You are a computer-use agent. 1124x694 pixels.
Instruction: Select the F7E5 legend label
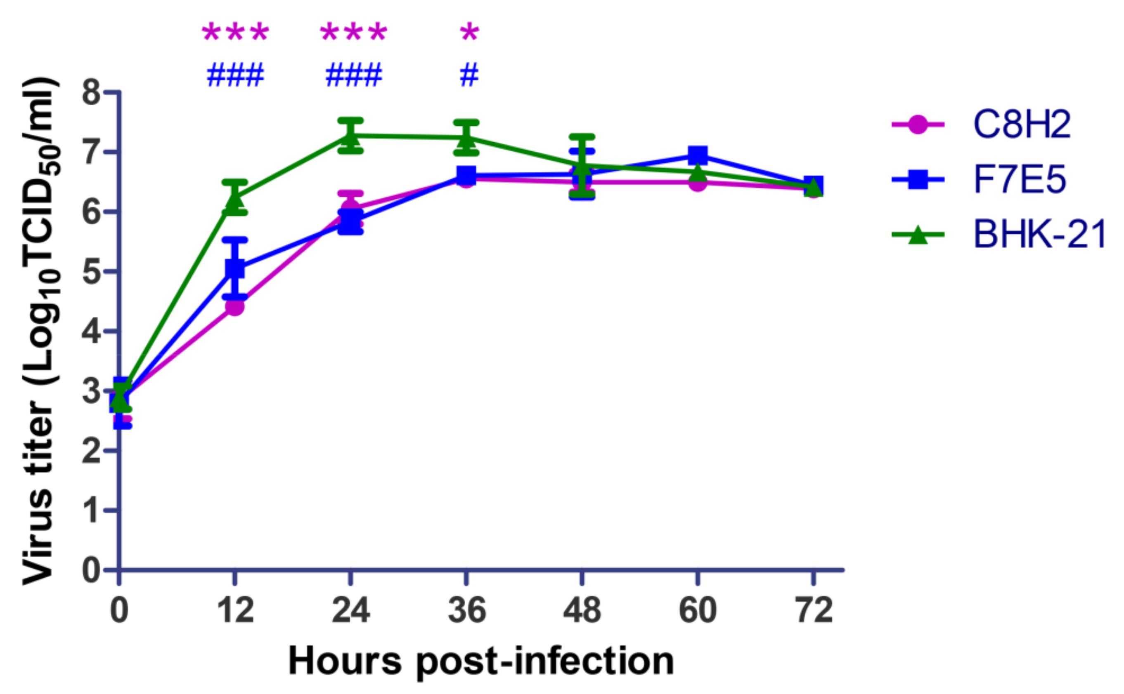(x=1019, y=179)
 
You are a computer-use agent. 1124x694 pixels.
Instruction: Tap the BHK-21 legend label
(x=1039, y=235)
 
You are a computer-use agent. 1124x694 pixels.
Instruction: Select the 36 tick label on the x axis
(x=467, y=610)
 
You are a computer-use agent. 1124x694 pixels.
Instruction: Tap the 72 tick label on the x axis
(x=814, y=610)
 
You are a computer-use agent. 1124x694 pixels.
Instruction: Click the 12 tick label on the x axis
(x=235, y=610)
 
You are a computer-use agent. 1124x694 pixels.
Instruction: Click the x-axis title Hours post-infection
(x=480, y=661)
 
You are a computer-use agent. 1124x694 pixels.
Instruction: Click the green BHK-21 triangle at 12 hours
(x=235, y=198)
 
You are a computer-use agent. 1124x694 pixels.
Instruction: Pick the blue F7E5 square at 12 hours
(x=235, y=268)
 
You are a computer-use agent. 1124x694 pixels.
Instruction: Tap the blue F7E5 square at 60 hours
(x=698, y=155)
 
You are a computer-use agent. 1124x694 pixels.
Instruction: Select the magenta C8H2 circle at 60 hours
(x=698, y=183)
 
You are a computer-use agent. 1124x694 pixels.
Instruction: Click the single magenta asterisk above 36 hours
(x=469, y=33)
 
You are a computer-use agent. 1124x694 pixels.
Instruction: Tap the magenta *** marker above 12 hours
(x=235, y=33)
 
